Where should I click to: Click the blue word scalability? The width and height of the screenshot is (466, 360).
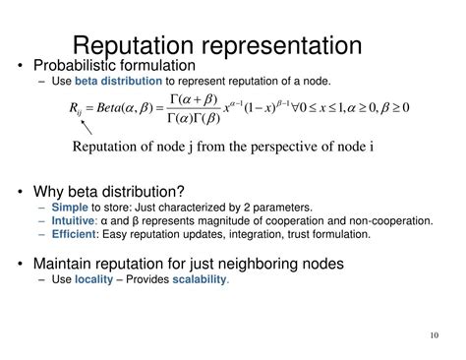[x=200, y=279]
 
